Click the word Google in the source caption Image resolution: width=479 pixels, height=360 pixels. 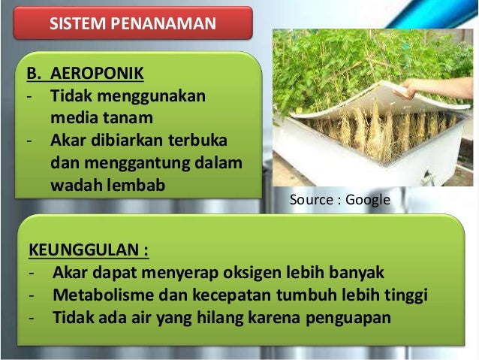point(369,201)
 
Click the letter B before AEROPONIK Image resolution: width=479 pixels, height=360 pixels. point(32,75)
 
